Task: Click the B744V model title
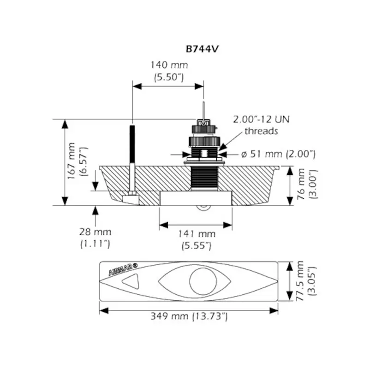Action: coord(202,49)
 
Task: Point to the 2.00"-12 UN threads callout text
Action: coord(261,125)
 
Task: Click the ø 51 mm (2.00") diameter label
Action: coord(278,154)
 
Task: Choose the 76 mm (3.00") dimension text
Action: coord(307,184)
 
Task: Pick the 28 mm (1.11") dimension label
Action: coord(95,238)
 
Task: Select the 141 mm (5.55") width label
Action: coord(196,240)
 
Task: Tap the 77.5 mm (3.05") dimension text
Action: coord(306,281)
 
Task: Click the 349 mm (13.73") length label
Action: coord(189,316)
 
